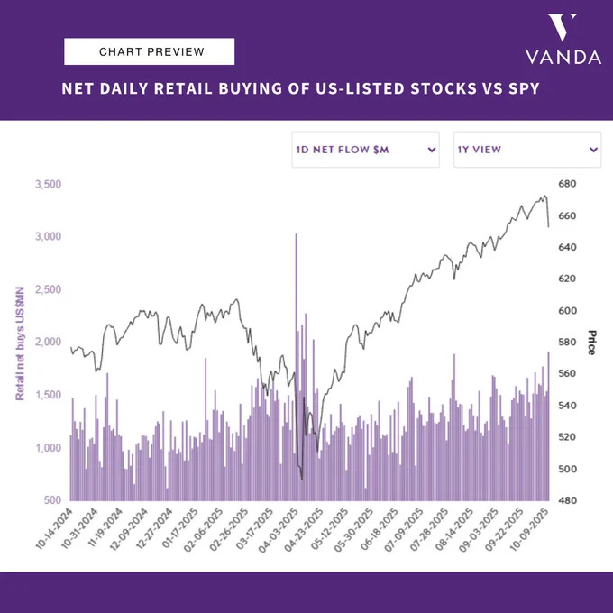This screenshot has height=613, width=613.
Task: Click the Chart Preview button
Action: [x=149, y=51]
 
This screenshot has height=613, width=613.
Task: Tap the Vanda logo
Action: [x=563, y=39]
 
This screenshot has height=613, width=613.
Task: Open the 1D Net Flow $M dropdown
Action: [x=365, y=150]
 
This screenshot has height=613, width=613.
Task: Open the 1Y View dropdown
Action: [x=527, y=150]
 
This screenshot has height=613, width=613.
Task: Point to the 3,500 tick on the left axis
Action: [x=48, y=184]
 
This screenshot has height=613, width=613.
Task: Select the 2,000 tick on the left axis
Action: [x=48, y=342]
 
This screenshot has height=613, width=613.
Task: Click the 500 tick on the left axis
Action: [x=53, y=500]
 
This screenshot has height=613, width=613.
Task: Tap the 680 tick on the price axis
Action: [x=567, y=183]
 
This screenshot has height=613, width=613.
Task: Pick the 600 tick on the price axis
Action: [x=567, y=310]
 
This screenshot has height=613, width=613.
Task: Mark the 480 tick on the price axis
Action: [x=567, y=500]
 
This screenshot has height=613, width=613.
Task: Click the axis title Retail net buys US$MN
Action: [x=20, y=343]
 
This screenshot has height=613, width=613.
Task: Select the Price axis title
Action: [x=592, y=343]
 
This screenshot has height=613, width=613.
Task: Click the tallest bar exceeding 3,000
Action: [x=296, y=367]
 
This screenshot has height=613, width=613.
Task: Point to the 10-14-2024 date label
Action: [x=55, y=528]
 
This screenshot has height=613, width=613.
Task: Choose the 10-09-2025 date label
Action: [x=530, y=529]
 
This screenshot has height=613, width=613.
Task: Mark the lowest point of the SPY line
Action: [x=302, y=480]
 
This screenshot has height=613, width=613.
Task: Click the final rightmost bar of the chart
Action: [x=548, y=426]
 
